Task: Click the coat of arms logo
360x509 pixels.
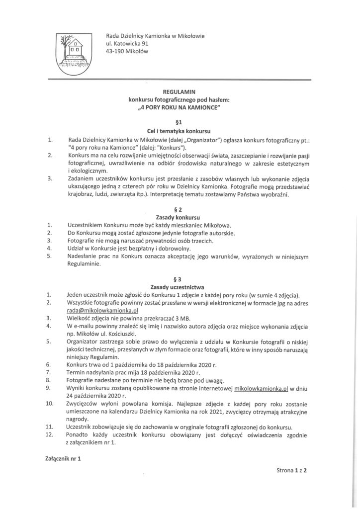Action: coord(73,53)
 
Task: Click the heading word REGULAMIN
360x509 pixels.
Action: coord(180,92)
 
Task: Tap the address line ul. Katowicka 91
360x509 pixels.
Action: coord(127,43)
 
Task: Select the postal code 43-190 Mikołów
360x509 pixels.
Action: coord(127,51)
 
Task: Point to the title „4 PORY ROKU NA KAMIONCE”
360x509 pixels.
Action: coord(180,107)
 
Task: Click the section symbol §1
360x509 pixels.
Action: coord(180,122)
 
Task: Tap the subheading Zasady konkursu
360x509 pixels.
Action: coord(180,218)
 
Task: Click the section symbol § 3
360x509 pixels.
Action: coord(180,279)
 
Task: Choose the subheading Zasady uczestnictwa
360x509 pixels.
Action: coord(180,287)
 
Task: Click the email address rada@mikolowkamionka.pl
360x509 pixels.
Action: coord(95,310)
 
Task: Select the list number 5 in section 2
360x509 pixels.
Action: coord(49,256)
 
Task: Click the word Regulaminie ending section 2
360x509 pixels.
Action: coord(84,264)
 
